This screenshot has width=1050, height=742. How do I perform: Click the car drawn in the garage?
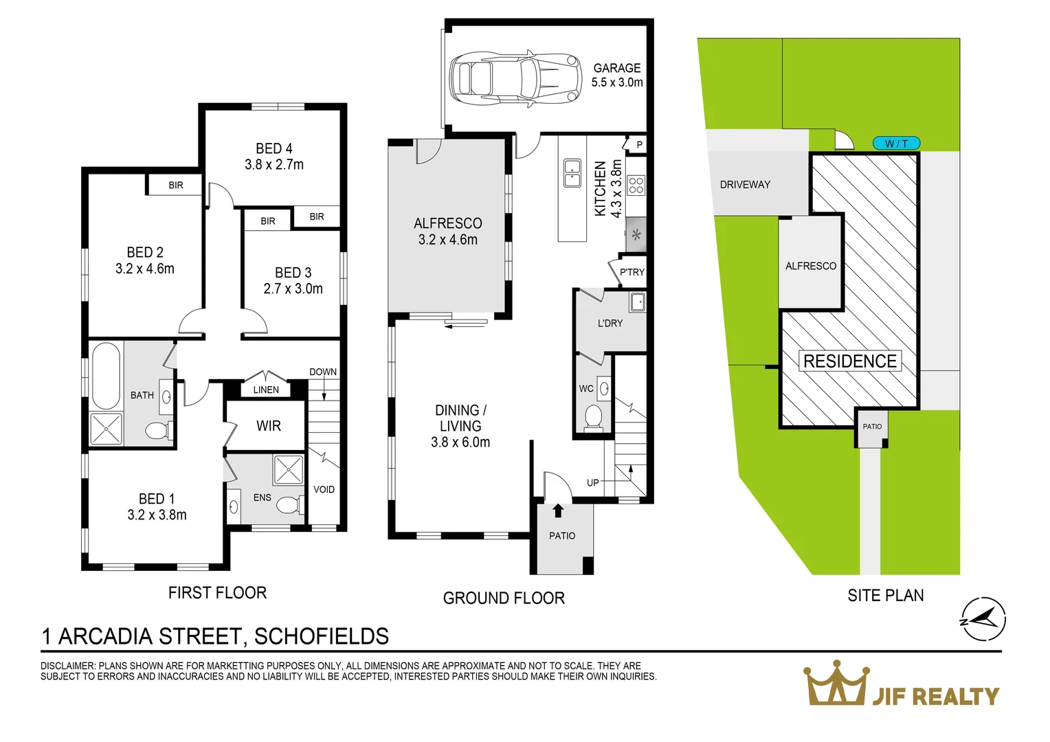(513, 78)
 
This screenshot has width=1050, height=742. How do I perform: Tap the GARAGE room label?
(616, 68)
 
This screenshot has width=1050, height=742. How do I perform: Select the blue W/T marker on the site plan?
(896, 144)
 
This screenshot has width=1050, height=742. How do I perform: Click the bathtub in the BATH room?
(105, 375)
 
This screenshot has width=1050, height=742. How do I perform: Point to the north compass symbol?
(983, 620)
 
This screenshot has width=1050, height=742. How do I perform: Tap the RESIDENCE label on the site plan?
(849, 361)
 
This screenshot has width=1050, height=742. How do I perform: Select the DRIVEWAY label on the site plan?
(745, 184)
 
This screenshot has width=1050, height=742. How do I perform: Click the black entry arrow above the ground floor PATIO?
(558, 510)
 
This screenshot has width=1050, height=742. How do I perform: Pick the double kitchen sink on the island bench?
(572, 173)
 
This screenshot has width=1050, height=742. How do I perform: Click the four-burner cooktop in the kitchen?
(636, 185)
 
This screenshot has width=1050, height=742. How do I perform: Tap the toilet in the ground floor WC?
(592, 416)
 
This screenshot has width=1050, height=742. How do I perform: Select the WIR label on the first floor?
(269, 426)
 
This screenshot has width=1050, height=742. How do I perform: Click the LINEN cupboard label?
(266, 390)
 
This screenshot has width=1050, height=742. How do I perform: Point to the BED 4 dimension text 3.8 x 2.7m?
(274, 165)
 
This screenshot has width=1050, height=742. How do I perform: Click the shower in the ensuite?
(288, 470)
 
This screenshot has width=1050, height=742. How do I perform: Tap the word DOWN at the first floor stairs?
(322, 372)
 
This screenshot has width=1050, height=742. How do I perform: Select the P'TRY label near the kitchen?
(632, 272)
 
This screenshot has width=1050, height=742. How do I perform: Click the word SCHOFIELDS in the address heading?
(321, 636)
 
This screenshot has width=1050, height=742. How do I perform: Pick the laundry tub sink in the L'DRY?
(637, 302)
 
